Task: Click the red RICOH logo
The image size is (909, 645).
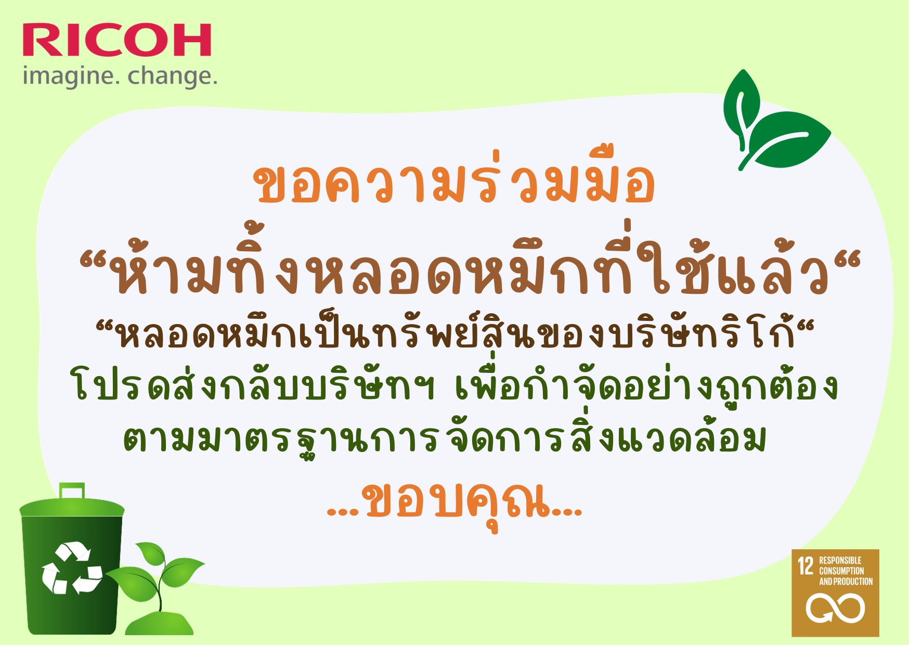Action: click(x=117, y=40)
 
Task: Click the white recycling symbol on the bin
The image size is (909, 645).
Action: click(x=72, y=568)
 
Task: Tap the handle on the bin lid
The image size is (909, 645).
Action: click(x=72, y=491)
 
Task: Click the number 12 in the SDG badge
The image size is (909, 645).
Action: click(x=806, y=566)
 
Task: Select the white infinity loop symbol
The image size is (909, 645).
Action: click(x=835, y=608)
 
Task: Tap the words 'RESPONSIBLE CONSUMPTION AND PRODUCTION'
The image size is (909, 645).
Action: click(x=846, y=571)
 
